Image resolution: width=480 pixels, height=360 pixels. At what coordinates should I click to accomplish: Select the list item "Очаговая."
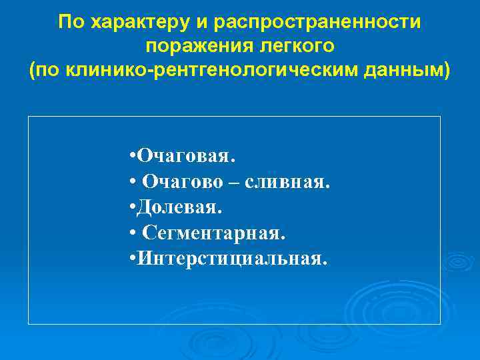point(186,157)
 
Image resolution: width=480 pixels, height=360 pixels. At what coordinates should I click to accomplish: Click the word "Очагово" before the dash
point(178,183)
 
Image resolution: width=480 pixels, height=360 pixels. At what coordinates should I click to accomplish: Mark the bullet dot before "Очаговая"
point(133,157)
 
